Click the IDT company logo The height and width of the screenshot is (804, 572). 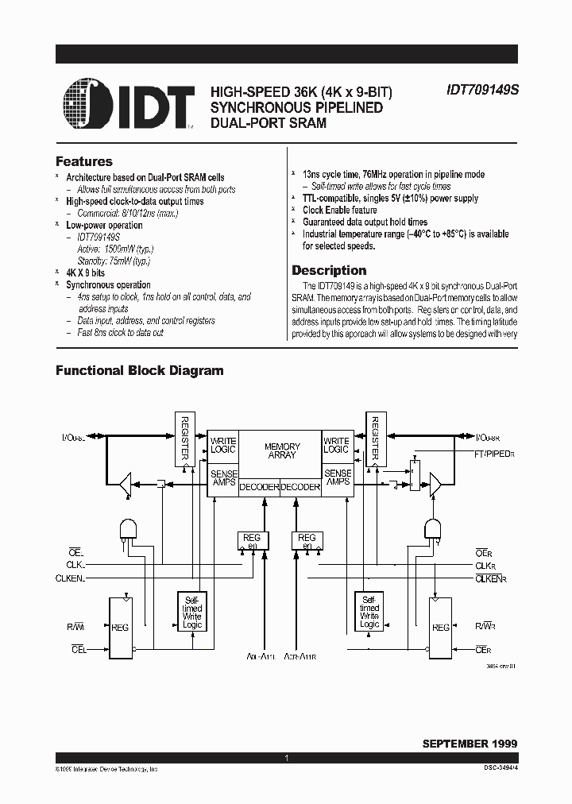click(x=128, y=105)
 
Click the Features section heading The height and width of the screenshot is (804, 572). click(x=83, y=161)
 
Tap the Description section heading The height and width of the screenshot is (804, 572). click(x=329, y=270)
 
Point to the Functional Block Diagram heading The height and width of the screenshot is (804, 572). click(x=139, y=370)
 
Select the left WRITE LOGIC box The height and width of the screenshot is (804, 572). click(x=223, y=445)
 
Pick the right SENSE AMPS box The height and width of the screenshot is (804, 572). click(x=336, y=477)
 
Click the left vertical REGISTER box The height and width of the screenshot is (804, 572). click(x=184, y=439)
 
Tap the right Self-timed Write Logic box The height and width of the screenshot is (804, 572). click(x=369, y=612)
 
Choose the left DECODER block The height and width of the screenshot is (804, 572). click(x=259, y=487)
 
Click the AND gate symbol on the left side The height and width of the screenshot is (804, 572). click(x=126, y=530)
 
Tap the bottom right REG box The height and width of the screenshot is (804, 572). click(x=440, y=628)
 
